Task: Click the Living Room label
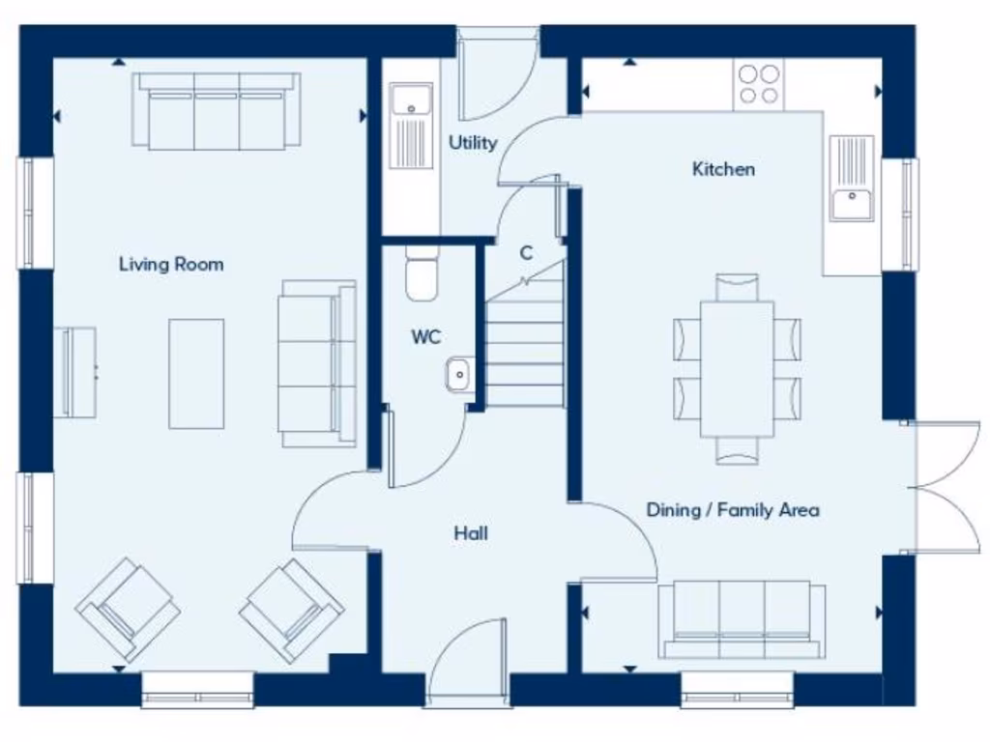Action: click(x=171, y=264)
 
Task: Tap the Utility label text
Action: click(x=473, y=143)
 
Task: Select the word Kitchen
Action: click(x=723, y=169)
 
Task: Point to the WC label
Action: click(x=426, y=337)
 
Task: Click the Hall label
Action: click(x=472, y=533)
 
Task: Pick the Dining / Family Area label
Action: click(x=733, y=509)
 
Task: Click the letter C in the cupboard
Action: click(x=526, y=254)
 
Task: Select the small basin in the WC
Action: click(x=459, y=373)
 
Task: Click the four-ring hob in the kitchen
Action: click(x=759, y=83)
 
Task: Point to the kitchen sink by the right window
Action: click(x=852, y=179)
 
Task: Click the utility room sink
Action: click(x=412, y=126)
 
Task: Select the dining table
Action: click(x=737, y=368)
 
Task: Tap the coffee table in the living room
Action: click(x=196, y=374)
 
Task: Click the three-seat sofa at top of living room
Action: click(x=217, y=111)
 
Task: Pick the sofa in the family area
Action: click(x=742, y=619)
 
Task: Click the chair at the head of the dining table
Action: click(x=737, y=287)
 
